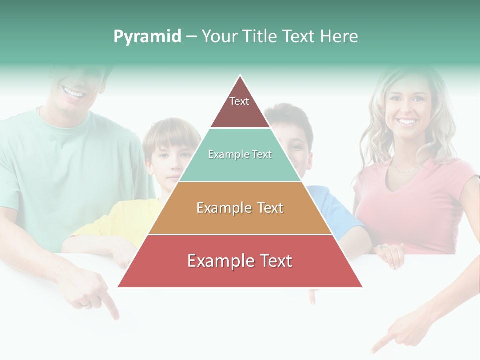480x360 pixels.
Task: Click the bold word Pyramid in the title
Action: pyautogui.click(x=147, y=37)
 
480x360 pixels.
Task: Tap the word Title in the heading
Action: pyautogui.click(x=261, y=37)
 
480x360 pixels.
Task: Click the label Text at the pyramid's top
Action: pyautogui.click(x=239, y=101)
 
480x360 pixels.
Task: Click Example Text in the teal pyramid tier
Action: pyautogui.click(x=240, y=155)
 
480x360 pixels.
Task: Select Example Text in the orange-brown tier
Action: pyautogui.click(x=240, y=208)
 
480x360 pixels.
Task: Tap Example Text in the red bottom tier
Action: pyautogui.click(x=240, y=261)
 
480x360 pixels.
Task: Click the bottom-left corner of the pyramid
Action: pyautogui.click(x=118, y=287)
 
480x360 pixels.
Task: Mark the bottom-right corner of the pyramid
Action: pyautogui.click(x=362, y=287)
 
